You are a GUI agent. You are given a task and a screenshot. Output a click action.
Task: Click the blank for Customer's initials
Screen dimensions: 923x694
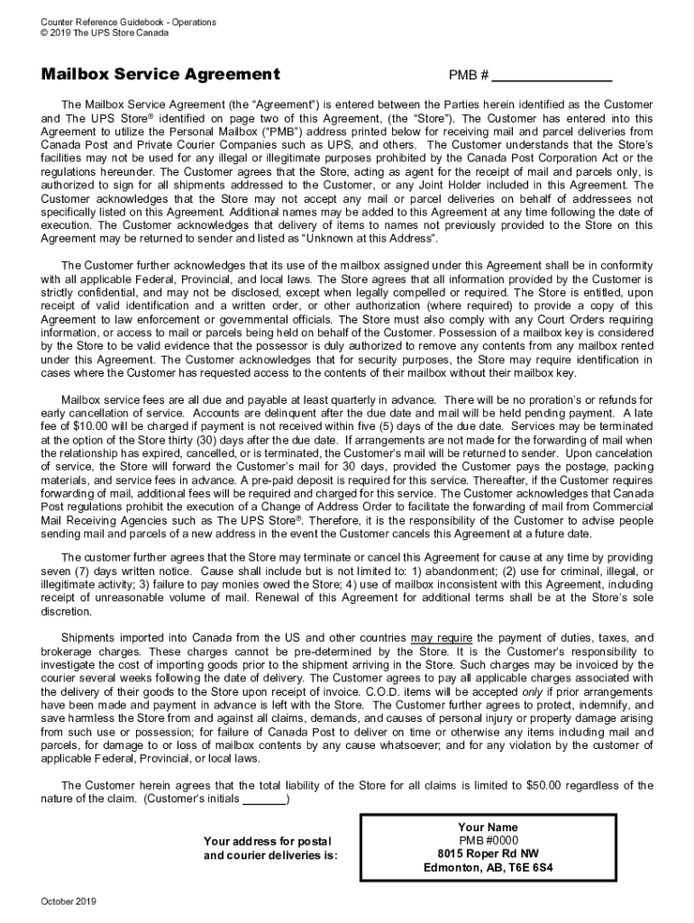pyautogui.click(x=264, y=800)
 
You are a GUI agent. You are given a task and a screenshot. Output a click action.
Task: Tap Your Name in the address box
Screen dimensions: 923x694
pyautogui.click(x=488, y=827)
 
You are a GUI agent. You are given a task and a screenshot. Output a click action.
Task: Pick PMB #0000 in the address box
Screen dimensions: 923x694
pyautogui.click(x=488, y=840)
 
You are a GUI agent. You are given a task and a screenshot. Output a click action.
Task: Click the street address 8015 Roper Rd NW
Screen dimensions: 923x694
pyautogui.click(x=488, y=854)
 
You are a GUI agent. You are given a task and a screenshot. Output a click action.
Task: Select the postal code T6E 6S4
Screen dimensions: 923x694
pyautogui.click(x=528, y=867)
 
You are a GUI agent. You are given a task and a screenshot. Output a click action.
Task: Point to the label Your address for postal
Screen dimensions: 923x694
pyautogui.click(x=271, y=841)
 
